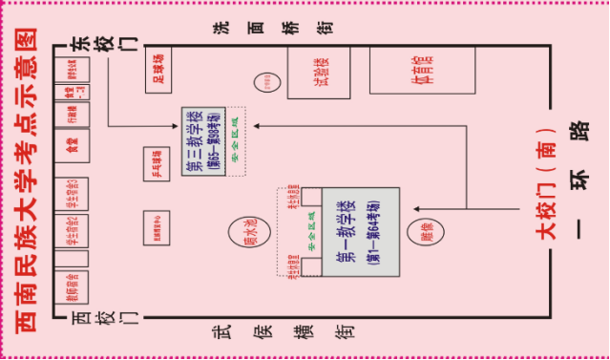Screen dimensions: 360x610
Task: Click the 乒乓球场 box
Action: [155, 164]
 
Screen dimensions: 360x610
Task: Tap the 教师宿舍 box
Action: [72, 284]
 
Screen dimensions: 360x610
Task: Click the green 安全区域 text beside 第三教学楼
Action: [236, 141]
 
